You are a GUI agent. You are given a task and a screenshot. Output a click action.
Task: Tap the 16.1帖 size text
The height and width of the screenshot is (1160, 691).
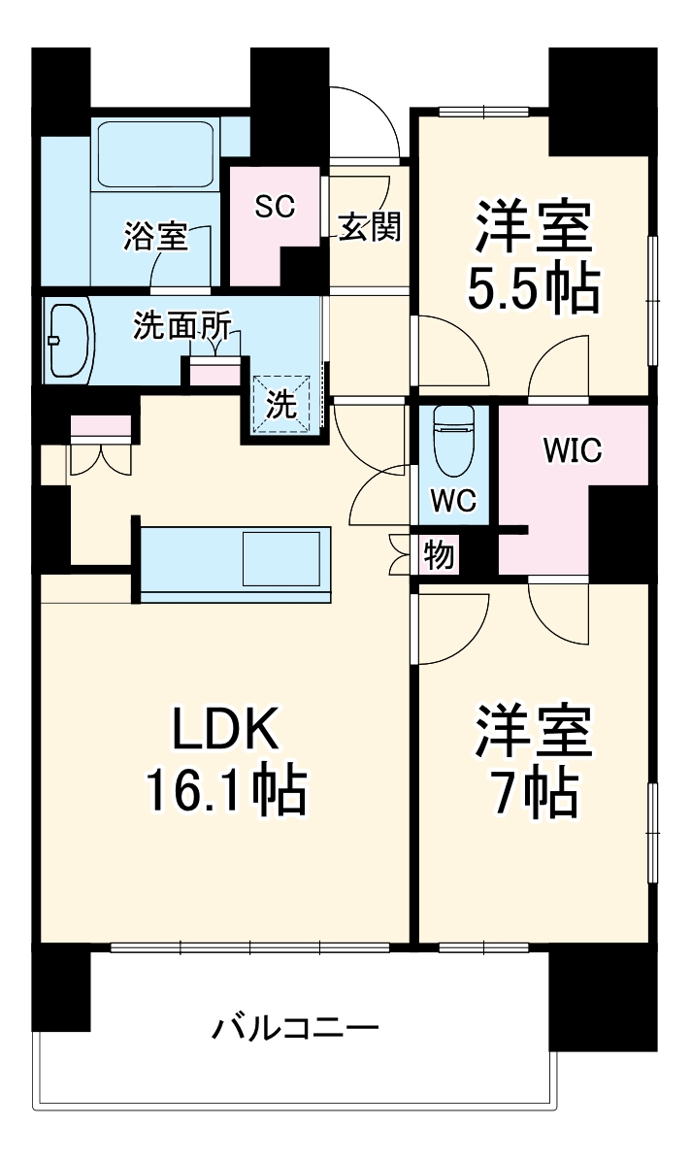click(x=226, y=790)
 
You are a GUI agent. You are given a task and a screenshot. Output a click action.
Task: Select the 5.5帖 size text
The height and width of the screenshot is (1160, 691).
click(x=531, y=286)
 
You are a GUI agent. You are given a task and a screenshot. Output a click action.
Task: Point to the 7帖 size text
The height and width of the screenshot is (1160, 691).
click(x=532, y=794)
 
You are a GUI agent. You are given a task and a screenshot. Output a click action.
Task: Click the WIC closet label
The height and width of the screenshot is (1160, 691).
click(x=572, y=449)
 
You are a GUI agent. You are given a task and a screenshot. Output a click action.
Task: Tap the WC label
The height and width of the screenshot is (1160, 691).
click(x=453, y=501)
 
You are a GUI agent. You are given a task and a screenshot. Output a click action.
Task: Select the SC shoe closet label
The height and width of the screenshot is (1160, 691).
click(x=275, y=206)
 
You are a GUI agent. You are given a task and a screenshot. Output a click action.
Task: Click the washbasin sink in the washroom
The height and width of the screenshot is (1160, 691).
click(x=67, y=341)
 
